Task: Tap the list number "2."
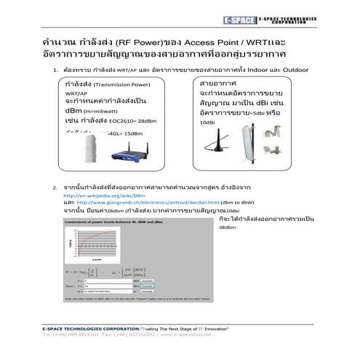pos(55,188)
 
